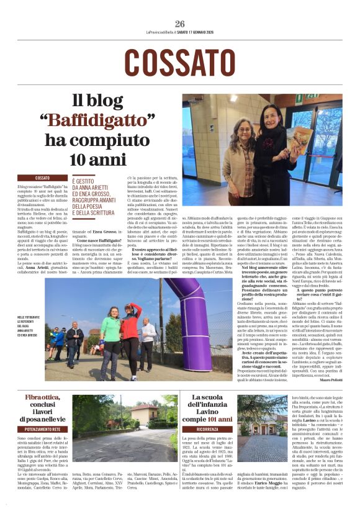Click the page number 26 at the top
pos(180,24)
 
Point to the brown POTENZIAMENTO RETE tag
pos(43,428)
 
